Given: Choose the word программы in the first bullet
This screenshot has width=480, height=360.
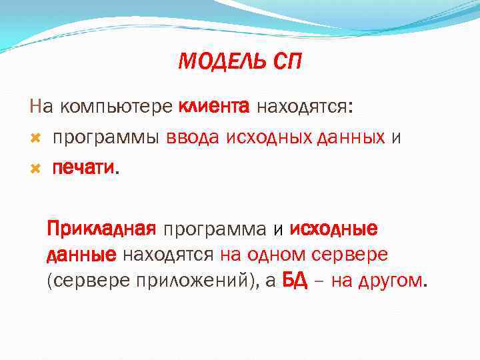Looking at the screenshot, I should tap(106, 138).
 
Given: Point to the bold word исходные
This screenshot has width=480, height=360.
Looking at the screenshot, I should tap(334, 230).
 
